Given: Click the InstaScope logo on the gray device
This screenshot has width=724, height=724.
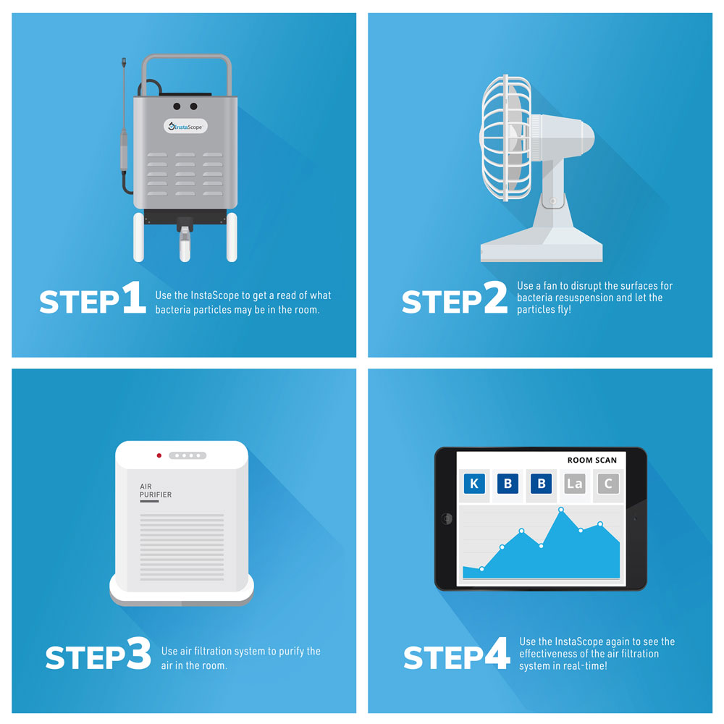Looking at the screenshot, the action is point(185,126).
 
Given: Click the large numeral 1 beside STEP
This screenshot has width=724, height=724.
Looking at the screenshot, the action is point(134,298).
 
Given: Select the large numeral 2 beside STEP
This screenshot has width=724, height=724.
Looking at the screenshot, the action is point(495,298).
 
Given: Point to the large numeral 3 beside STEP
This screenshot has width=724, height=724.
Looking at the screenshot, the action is point(138,653).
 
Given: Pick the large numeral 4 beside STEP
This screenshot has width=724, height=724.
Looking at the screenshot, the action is point(497,653).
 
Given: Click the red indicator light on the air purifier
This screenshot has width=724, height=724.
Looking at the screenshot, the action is point(159,455).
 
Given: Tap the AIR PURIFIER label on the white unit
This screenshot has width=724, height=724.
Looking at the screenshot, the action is point(156,490).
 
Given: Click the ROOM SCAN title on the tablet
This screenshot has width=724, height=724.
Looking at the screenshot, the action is point(592,460).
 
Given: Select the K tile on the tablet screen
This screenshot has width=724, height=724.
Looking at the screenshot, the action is point(474,484).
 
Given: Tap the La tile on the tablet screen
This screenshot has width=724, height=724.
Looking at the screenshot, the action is point(575,484).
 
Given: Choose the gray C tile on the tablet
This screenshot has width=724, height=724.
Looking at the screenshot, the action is point(608,484).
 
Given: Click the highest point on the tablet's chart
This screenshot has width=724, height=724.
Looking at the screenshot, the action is point(561,510).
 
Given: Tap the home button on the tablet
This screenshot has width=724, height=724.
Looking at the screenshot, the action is point(447,518).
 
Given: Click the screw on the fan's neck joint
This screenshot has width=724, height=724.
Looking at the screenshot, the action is point(552,201).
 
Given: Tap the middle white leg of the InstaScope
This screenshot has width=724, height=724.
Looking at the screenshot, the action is point(185,245).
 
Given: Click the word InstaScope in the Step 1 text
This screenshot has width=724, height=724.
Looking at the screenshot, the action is point(215,295).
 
